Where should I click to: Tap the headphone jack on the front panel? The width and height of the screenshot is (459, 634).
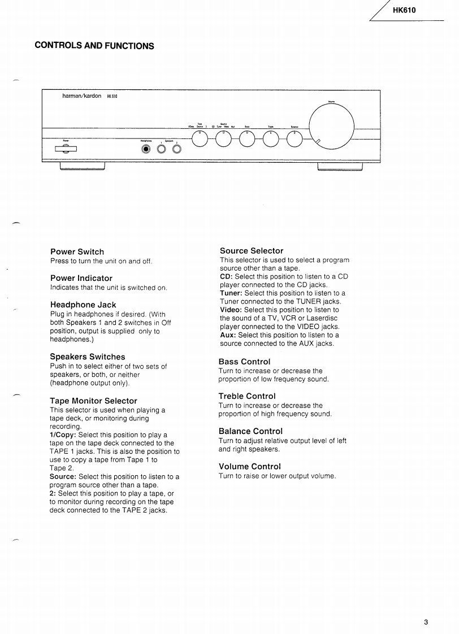coord(146,149)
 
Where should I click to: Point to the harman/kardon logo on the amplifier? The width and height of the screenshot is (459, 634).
coord(82,96)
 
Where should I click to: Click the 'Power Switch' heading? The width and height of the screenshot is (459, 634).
coord(77,251)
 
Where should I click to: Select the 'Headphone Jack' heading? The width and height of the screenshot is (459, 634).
coord(83,305)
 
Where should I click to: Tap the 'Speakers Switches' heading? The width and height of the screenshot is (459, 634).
coord(87,357)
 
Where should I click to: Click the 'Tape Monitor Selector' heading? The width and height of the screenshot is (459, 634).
coord(93,401)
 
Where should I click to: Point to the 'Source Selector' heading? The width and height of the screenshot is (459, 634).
coord(252,250)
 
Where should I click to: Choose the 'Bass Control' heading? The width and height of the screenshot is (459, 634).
coord(244,362)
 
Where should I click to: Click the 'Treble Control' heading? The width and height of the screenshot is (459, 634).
coord(247,396)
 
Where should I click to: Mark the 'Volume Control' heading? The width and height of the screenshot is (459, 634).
coord(249,466)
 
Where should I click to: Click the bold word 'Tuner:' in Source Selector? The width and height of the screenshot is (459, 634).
coord(232,293)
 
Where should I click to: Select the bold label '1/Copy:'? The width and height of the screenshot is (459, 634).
coord(63,435)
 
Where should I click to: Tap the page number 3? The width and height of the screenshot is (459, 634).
coord(426,623)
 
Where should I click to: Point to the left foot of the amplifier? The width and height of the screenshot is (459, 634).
coord(83,166)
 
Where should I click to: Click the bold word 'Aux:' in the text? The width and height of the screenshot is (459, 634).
coord(228,335)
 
